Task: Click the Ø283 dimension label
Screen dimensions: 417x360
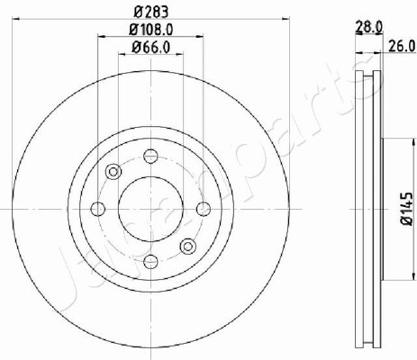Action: [151, 13]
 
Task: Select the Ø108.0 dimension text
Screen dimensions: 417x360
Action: [151, 30]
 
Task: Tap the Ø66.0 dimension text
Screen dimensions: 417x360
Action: [151, 47]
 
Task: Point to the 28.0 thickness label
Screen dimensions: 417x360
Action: [369, 27]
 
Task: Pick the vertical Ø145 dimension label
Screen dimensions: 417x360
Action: [407, 209]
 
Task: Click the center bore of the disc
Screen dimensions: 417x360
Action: [150, 209]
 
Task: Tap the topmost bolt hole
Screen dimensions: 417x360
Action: [150, 156]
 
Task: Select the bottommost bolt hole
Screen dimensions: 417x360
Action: [150, 262]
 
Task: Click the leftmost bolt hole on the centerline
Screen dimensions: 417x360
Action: [98, 209]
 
